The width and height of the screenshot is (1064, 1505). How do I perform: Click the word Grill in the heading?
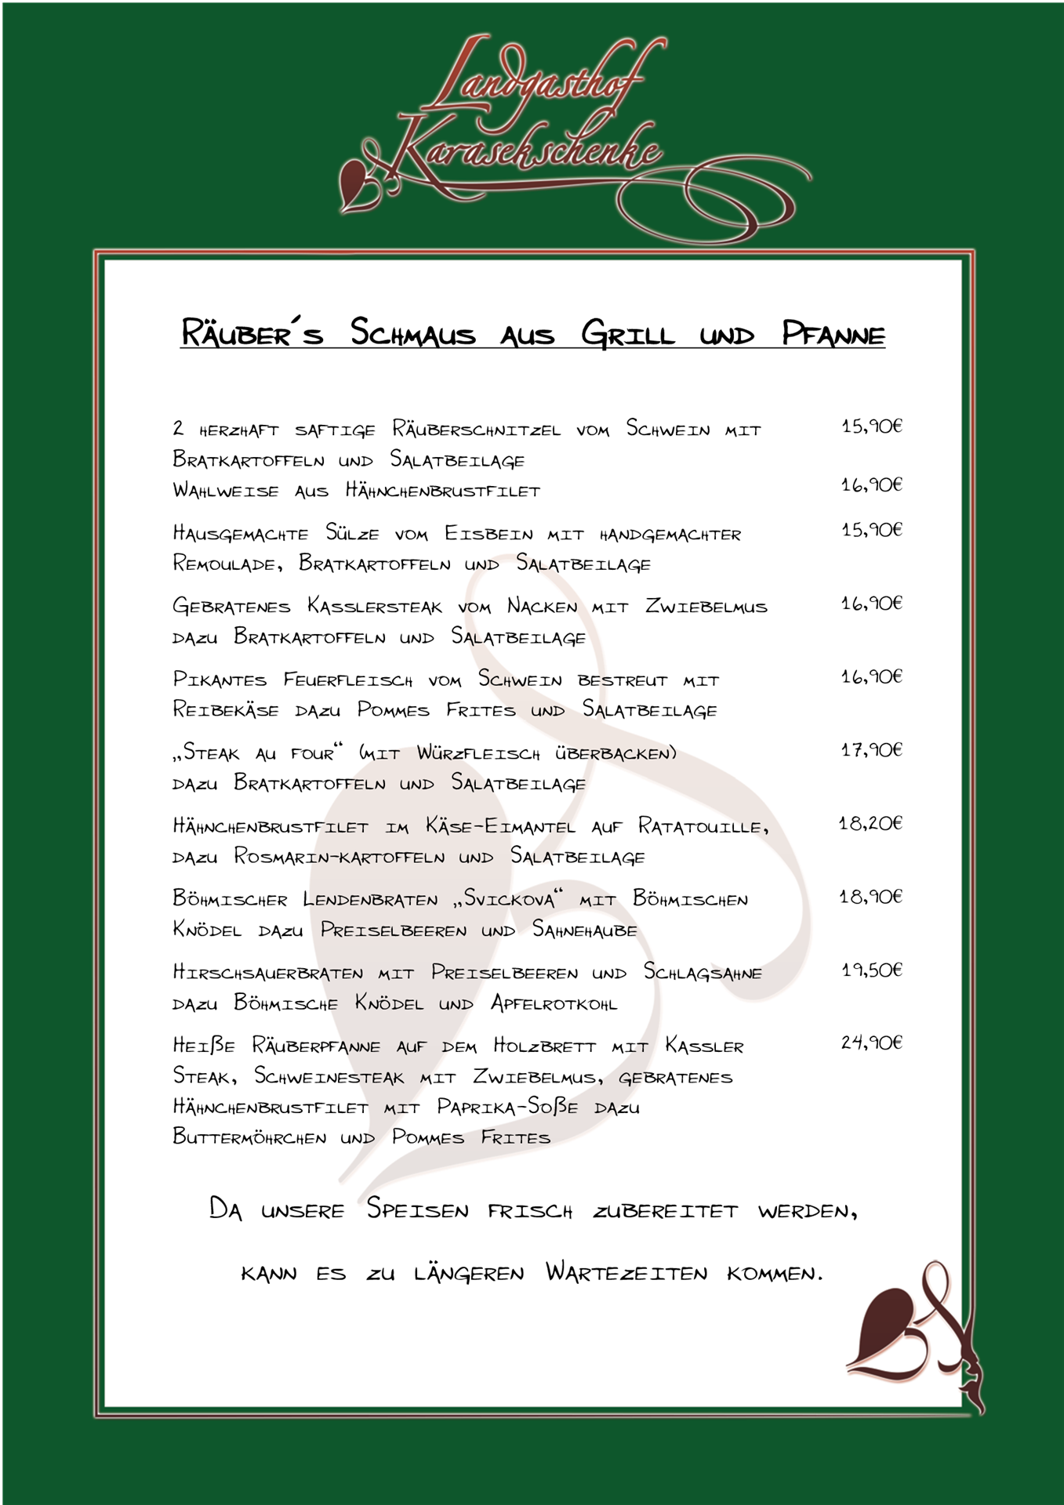coord(627,334)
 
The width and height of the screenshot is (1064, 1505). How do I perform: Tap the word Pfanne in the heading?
coord(833,334)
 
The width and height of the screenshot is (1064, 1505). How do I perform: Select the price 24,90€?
coord(871,1043)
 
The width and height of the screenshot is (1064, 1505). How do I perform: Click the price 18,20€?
coord(870,823)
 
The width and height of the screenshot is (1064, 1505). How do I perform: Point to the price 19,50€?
coord(871,970)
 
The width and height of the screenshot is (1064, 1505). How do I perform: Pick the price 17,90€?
coord(871,750)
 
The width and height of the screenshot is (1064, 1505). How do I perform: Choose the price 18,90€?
coord(870,896)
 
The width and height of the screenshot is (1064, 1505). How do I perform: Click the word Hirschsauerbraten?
coord(268,973)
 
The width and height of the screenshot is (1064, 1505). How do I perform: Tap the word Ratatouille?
coord(703,826)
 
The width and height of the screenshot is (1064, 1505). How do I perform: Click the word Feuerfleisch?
coord(347,680)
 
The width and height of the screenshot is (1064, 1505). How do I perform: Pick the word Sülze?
coord(352,534)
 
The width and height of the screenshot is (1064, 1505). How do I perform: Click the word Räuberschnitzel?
coord(476,430)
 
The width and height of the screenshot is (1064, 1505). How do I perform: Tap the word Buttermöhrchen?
coord(249,1137)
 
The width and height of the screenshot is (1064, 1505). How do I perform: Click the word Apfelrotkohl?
coord(554,1003)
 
